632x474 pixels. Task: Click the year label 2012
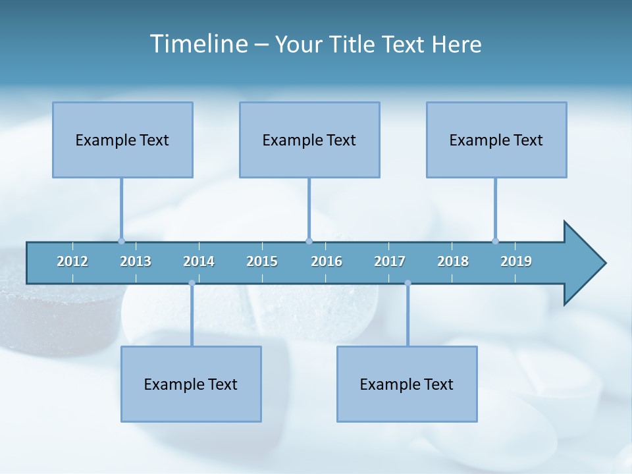72,261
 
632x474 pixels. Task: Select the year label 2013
136,261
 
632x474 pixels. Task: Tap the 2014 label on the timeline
199,261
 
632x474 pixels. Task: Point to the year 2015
262,261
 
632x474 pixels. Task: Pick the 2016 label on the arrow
327,261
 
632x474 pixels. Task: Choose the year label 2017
390,261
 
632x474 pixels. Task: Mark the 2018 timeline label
453,261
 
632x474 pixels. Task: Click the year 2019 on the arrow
516,261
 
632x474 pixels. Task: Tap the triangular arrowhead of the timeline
583,263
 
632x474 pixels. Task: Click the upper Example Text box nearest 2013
122,140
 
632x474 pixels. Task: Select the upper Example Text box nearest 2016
309,140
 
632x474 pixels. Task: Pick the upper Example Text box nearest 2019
496,140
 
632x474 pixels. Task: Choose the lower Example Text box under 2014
191,384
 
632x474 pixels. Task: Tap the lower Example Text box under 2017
407,384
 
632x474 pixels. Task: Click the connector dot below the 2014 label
192,283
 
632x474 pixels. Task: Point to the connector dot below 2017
408,283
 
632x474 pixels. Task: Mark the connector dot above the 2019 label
495,241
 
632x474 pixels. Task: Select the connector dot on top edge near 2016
309,241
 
